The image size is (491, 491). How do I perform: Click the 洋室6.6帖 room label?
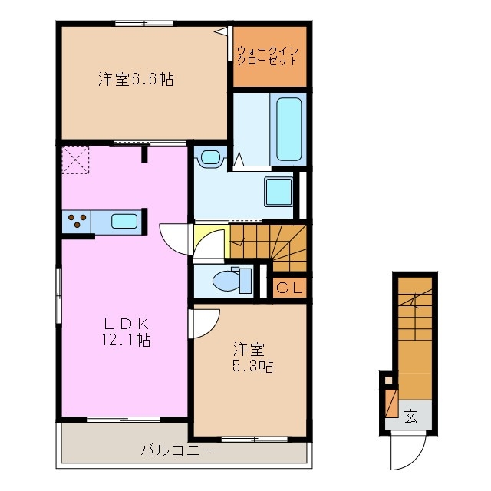click(x=134, y=78)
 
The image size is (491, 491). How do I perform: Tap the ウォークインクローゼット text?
click(x=271, y=56)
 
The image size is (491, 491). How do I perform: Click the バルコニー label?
click(x=177, y=450)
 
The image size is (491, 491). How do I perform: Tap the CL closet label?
click(x=290, y=288)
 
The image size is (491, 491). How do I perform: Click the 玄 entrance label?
click(x=411, y=417)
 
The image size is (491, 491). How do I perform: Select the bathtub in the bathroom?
click(x=289, y=128)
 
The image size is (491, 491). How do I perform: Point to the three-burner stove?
click(x=77, y=222)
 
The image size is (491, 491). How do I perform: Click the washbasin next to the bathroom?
click(x=209, y=159)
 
